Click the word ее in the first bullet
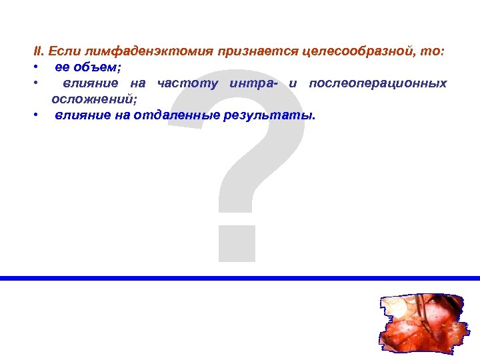pos(61,67)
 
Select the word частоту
pos(188,83)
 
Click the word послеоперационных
pos(378,83)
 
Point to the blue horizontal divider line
pos(240,278)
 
